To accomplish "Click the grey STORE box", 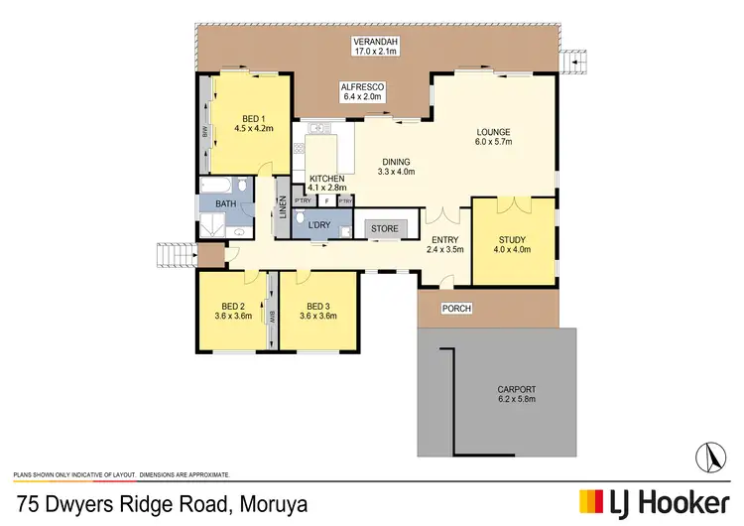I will [385, 229].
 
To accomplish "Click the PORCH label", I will [456, 309].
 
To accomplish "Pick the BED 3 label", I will [317, 311].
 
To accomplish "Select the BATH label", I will [226, 204].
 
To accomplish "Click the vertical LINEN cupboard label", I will [282, 210].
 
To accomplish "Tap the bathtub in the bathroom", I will [218, 186].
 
